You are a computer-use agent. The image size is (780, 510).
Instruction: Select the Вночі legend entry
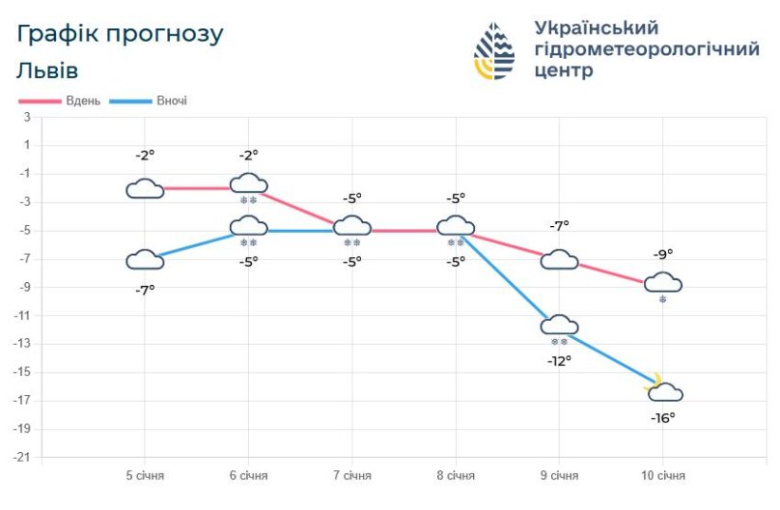point(171,101)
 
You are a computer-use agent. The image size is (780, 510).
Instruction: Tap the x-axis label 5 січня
point(145,476)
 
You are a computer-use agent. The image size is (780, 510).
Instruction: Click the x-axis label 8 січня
point(456,476)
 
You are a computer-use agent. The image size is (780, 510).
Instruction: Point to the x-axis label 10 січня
point(663,476)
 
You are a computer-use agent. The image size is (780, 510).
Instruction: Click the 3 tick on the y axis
point(27,117)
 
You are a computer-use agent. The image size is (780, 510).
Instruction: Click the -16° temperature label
point(663,417)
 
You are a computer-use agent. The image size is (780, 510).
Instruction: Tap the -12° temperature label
point(560,360)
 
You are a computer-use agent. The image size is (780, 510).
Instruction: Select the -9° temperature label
point(663,254)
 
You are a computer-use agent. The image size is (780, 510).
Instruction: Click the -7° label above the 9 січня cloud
point(560,225)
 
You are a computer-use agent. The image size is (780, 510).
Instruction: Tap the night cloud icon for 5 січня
point(145,259)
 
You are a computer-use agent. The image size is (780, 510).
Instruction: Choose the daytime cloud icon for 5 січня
point(145,188)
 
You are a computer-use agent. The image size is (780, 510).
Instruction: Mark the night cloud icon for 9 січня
point(560,325)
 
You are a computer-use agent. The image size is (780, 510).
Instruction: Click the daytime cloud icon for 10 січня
point(663,282)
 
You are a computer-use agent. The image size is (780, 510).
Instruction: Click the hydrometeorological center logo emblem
point(494,51)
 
